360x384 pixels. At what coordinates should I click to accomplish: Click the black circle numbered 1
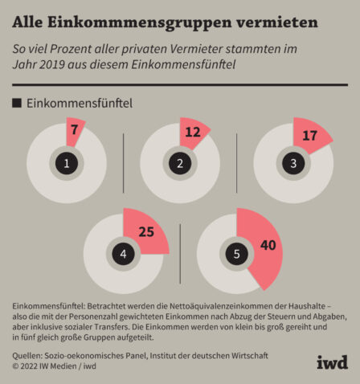[x=67, y=163]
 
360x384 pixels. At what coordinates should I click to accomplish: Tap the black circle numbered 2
[x=180, y=163]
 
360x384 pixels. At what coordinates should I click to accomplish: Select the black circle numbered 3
[x=293, y=163]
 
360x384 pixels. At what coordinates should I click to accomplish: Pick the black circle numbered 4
[x=123, y=254]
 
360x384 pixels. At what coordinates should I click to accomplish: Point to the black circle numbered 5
[x=237, y=254]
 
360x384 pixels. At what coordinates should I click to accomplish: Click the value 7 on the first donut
[x=74, y=129]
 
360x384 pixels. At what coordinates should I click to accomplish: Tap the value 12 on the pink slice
[x=193, y=132]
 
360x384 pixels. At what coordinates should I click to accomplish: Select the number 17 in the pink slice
[x=309, y=136]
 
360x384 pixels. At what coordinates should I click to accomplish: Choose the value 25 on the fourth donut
[x=146, y=231]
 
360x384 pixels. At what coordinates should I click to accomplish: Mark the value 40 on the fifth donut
[x=268, y=245]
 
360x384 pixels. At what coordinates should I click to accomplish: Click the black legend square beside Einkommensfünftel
[x=17, y=103]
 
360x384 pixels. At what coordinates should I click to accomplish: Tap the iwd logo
[x=332, y=362]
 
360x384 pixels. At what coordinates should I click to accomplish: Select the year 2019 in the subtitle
[x=52, y=65]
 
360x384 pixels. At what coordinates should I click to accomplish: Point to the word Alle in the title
[x=27, y=22]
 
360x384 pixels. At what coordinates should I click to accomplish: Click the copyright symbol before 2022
[x=15, y=366]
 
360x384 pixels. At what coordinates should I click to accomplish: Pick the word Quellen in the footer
[x=27, y=356]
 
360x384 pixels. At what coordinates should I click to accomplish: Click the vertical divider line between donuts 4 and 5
[x=180, y=254]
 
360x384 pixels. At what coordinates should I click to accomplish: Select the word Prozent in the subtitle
[x=69, y=49]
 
